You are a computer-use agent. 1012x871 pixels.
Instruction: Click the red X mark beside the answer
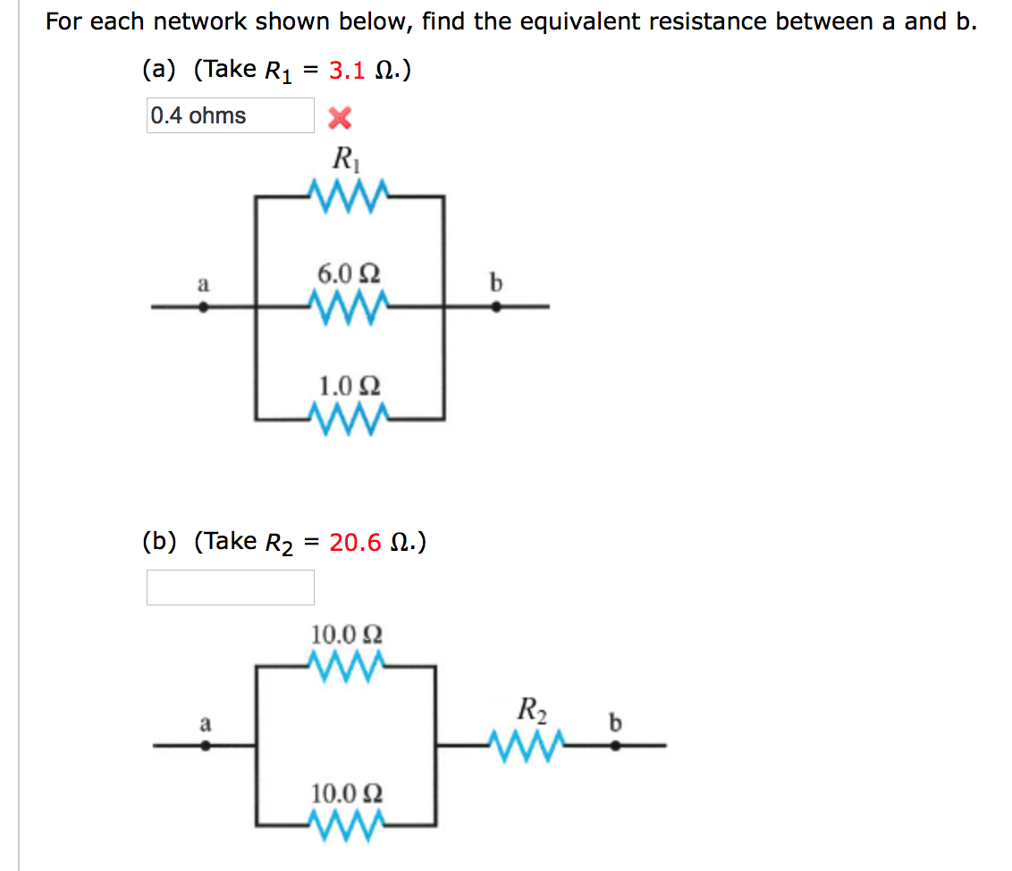click(x=341, y=116)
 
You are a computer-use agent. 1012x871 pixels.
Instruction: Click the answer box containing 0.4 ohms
click(x=230, y=115)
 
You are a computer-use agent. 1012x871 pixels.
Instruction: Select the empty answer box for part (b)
click(x=230, y=587)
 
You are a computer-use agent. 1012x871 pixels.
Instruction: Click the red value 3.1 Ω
click(x=359, y=71)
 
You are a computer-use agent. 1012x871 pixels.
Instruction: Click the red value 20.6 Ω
click(x=367, y=542)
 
